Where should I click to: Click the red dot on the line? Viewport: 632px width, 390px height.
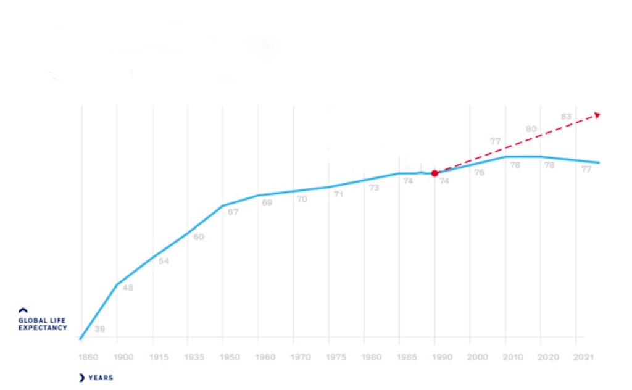tap(434, 173)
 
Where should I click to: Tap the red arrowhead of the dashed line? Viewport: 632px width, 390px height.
tap(597, 114)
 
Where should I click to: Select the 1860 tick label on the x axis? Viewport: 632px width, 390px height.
tap(88, 357)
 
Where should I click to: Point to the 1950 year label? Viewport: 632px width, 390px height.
tap(230, 357)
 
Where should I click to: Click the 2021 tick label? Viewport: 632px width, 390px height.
tap(583, 357)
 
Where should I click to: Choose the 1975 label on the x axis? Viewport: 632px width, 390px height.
tap(336, 357)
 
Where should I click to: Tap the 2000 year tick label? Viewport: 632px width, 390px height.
tap(477, 357)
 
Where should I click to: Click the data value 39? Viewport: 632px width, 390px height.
tap(99, 329)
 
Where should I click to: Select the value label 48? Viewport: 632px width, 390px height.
tap(128, 288)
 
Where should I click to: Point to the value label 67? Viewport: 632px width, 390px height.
tap(233, 212)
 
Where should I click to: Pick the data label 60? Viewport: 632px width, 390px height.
tap(199, 237)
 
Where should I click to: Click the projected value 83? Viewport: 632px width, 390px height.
tap(566, 116)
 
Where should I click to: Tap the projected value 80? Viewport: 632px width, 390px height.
tap(531, 129)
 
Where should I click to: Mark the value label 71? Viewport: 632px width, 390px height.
tap(338, 194)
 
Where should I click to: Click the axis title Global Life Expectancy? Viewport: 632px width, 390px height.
tap(42, 324)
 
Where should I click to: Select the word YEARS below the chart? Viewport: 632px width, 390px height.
tap(101, 378)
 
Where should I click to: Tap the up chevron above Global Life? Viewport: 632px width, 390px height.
tap(23, 310)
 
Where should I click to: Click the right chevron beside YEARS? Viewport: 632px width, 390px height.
tap(82, 378)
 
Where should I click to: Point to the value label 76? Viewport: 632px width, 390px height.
tap(479, 173)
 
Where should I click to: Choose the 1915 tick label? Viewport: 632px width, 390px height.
tap(159, 357)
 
